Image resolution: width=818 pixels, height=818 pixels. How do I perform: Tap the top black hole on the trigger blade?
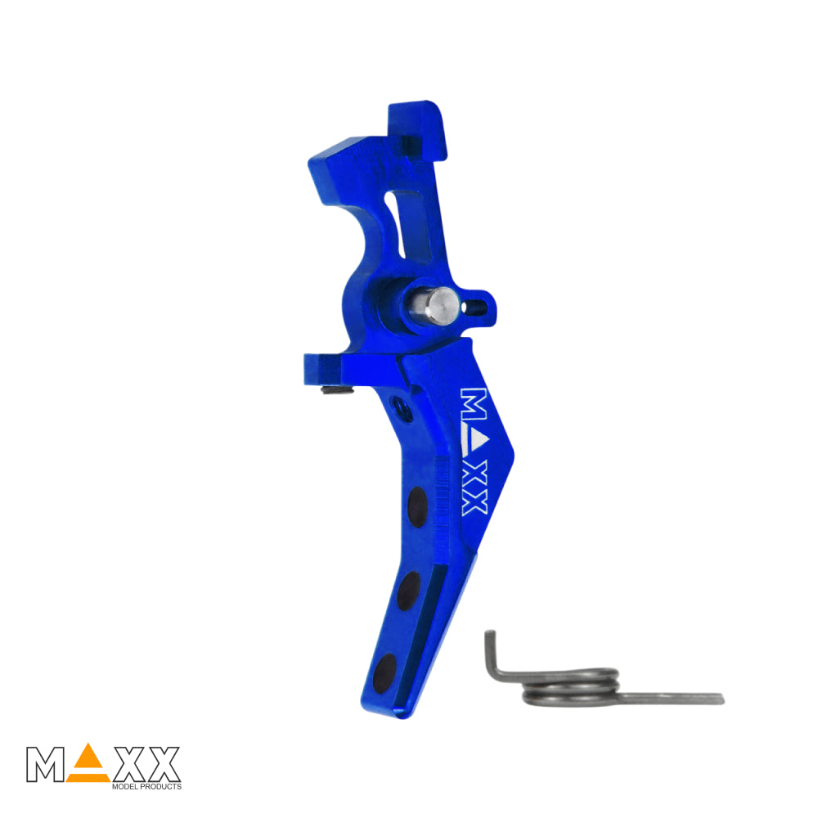[417, 507]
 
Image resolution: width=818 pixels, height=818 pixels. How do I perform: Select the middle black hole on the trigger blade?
[408, 591]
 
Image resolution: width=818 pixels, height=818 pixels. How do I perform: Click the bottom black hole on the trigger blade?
[385, 673]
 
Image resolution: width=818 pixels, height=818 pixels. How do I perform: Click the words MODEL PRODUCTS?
[146, 786]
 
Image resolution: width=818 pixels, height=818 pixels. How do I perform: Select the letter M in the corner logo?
[45, 764]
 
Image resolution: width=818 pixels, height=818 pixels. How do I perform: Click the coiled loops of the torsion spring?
[571, 687]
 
